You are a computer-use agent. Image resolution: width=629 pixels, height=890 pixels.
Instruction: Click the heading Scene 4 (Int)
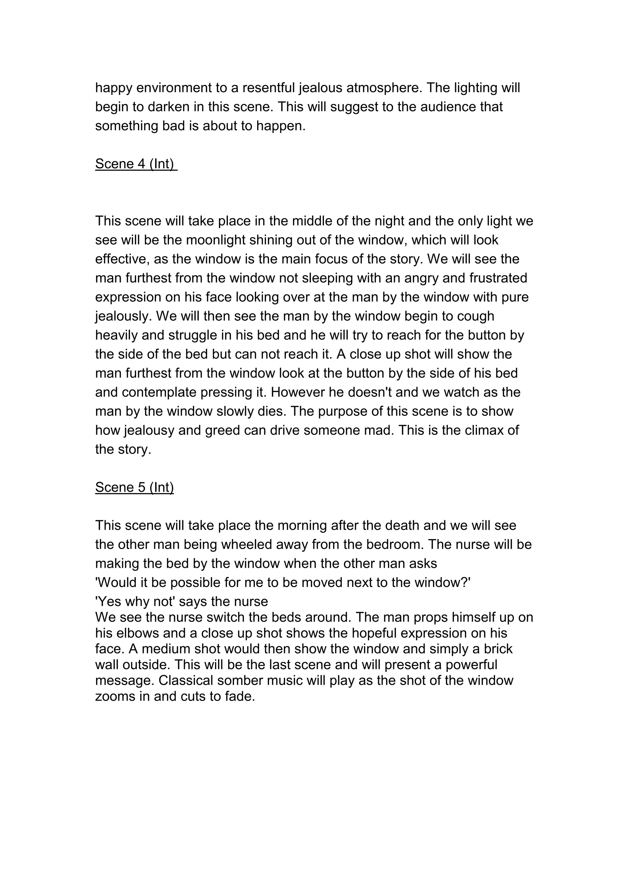coord(136,164)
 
